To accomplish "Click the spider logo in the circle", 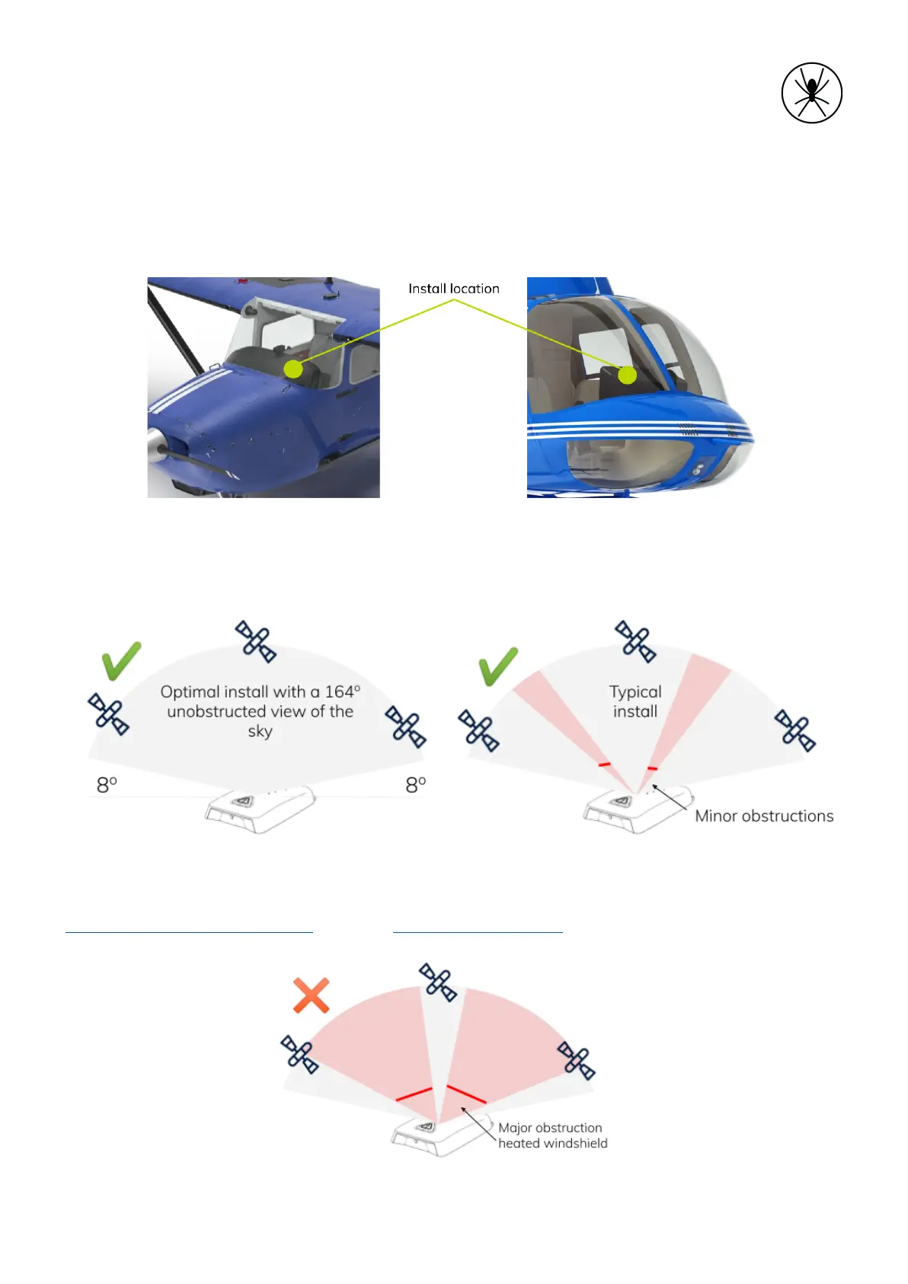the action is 811,93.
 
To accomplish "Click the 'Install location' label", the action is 453,289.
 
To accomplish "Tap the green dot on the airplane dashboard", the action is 293,369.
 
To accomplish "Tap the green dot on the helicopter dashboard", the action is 627,375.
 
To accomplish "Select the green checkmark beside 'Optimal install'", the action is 121,660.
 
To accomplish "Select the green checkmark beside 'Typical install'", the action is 498,666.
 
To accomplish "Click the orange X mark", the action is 311,995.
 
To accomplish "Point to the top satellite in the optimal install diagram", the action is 255,641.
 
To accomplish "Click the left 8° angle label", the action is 107,784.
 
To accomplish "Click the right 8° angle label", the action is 416,784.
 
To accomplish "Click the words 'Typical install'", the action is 635,701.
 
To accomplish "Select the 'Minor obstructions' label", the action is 764,816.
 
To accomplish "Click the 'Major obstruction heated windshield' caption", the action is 552,1135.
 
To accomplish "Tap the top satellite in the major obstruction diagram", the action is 438,982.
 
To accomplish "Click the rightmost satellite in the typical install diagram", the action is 795,730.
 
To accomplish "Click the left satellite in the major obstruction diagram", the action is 299,1054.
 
